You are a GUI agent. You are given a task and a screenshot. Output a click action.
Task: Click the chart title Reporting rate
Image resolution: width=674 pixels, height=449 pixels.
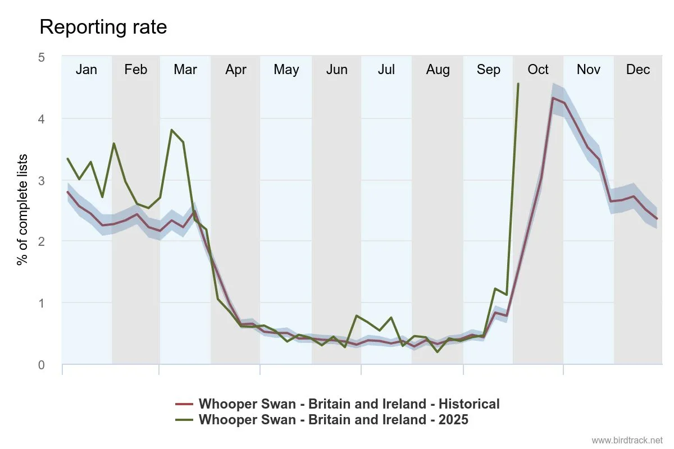pyautogui.click(x=103, y=27)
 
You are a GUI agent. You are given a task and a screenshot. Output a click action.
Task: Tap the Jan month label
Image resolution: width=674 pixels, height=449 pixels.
pyautogui.click(x=86, y=70)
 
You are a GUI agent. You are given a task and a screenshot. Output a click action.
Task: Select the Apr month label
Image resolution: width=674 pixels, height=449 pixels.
pyautogui.click(x=236, y=70)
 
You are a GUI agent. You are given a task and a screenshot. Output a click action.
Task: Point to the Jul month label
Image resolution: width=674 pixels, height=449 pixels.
pyautogui.click(x=386, y=70)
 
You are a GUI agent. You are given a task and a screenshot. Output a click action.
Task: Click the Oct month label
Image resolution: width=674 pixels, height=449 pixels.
pyautogui.click(x=538, y=70)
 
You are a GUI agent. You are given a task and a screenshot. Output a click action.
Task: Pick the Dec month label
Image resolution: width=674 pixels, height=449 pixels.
pyautogui.click(x=638, y=70)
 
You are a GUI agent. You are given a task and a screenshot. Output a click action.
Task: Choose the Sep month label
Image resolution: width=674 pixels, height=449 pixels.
pyautogui.click(x=488, y=70)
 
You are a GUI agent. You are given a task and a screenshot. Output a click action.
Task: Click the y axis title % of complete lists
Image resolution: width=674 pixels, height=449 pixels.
pyautogui.click(x=22, y=209)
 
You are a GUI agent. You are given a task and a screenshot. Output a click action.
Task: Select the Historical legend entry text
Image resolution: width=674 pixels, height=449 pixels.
pyautogui.click(x=349, y=404)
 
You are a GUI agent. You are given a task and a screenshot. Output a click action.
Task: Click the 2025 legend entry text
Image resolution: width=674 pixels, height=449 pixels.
pyautogui.click(x=333, y=419)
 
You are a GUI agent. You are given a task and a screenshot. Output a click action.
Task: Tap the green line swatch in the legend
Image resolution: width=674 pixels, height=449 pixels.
pyautogui.click(x=184, y=419)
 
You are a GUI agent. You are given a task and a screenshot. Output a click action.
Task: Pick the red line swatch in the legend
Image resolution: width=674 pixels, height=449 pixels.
pyautogui.click(x=184, y=404)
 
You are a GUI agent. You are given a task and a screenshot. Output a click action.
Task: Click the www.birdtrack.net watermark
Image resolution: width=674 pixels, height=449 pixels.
pyautogui.click(x=627, y=440)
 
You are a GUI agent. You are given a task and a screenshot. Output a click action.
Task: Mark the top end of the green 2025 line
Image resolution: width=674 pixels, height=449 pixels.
pyautogui.click(x=518, y=84)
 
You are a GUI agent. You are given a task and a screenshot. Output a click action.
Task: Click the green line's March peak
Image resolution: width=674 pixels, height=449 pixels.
pyautogui.click(x=171, y=130)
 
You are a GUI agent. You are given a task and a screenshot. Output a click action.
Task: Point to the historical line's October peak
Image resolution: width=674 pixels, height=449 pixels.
pyautogui.click(x=553, y=98)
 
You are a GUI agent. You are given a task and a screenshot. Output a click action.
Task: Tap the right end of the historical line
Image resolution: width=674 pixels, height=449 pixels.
pyautogui.click(x=657, y=218)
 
